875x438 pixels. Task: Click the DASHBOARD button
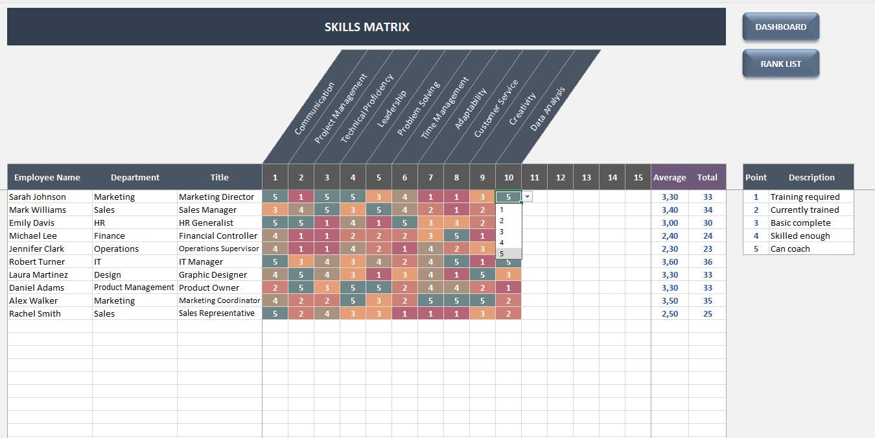click(x=780, y=27)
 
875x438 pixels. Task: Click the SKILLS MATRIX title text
click(x=367, y=27)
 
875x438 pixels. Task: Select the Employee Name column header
click(x=47, y=177)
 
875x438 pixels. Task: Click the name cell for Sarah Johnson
click(x=38, y=197)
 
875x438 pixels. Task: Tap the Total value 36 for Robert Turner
click(x=707, y=262)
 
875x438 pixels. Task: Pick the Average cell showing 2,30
click(x=670, y=249)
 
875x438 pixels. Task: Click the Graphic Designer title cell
click(x=213, y=274)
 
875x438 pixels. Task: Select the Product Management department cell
click(x=134, y=287)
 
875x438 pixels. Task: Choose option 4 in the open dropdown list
click(x=502, y=243)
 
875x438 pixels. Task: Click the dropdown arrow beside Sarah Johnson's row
click(x=528, y=197)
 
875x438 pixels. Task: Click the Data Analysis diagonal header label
click(x=548, y=109)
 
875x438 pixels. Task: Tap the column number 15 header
click(x=638, y=177)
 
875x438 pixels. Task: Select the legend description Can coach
click(x=790, y=249)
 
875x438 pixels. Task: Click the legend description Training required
click(x=804, y=197)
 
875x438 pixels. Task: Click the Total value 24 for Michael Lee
click(x=707, y=236)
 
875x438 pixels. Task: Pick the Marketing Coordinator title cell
click(x=220, y=300)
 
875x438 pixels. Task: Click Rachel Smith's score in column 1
click(x=275, y=313)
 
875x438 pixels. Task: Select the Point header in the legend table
click(x=756, y=177)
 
